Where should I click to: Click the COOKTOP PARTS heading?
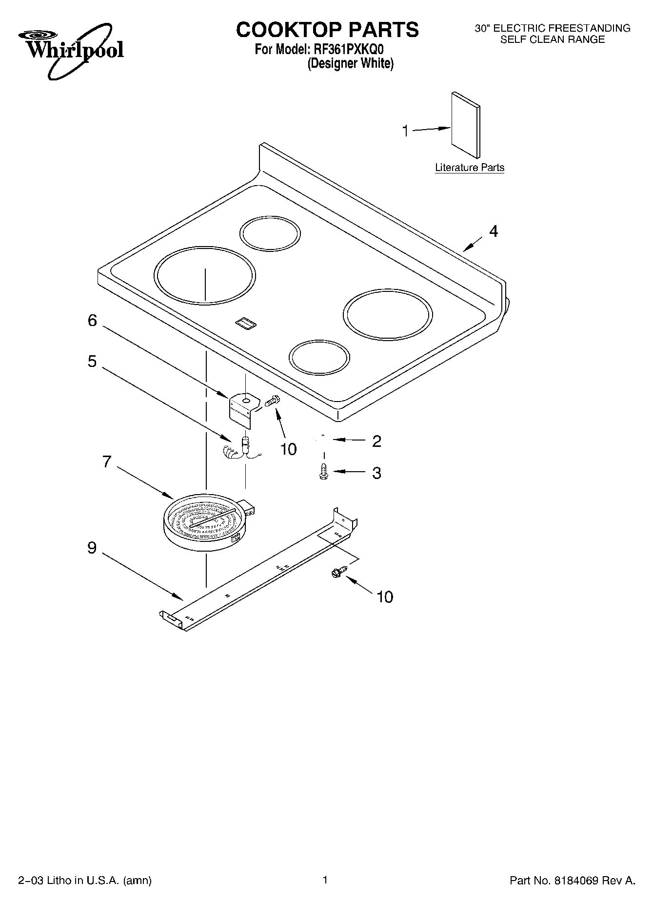point(327,30)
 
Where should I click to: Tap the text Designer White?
point(350,64)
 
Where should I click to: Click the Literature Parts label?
point(469,168)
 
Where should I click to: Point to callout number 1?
point(405,131)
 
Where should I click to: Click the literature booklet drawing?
point(465,126)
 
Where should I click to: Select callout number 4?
point(494,231)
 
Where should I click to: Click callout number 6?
point(92,321)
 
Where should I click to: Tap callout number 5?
point(92,362)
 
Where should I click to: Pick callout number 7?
point(107,461)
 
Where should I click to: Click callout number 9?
point(92,548)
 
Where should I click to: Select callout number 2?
point(376,441)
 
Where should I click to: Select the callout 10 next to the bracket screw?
point(289,449)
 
